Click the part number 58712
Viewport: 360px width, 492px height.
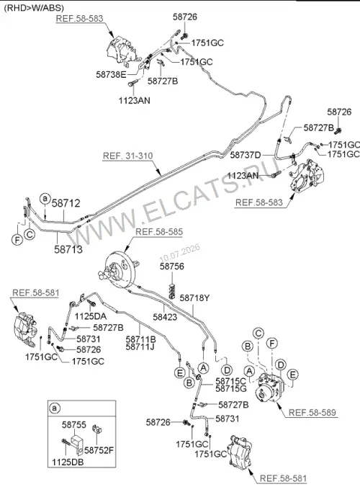click(x=66, y=203)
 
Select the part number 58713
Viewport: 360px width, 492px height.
click(x=68, y=249)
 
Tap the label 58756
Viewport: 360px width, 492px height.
click(x=172, y=267)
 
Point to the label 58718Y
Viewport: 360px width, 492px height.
click(x=194, y=298)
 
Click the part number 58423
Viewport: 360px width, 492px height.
click(x=165, y=317)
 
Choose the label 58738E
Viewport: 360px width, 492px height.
click(x=111, y=75)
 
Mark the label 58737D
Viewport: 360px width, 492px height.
click(x=246, y=155)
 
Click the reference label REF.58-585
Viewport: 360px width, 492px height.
click(x=159, y=232)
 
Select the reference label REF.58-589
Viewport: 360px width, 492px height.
click(x=312, y=412)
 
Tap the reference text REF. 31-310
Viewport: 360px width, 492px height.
click(x=128, y=156)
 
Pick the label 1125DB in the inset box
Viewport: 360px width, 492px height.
click(x=68, y=462)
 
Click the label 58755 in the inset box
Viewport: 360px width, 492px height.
click(x=73, y=425)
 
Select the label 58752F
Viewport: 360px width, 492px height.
click(x=99, y=451)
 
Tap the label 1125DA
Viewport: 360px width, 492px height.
click(x=90, y=316)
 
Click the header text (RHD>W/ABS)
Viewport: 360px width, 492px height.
click(x=34, y=8)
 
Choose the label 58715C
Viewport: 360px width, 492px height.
click(x=231, y=382)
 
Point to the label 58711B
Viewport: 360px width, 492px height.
click(x=141, y=339)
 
